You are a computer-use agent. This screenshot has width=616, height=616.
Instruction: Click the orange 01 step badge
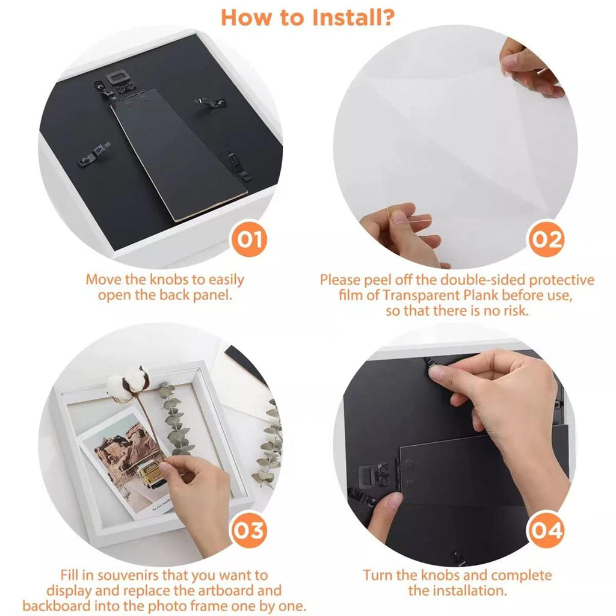[249, 239]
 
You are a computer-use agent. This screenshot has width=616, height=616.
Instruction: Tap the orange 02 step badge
[546, 239]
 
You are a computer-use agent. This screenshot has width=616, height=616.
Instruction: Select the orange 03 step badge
[249, 531]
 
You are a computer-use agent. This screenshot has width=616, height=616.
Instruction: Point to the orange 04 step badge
[546, 531]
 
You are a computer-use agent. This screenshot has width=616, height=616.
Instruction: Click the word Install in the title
[342, 17]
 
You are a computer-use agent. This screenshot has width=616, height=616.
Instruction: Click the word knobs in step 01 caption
[170, 279]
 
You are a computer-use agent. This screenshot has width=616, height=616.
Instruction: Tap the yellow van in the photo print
[150, 474]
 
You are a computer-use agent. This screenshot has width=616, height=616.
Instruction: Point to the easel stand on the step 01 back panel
[179, 155]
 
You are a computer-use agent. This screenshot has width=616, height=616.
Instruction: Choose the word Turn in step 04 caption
[378, 575]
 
